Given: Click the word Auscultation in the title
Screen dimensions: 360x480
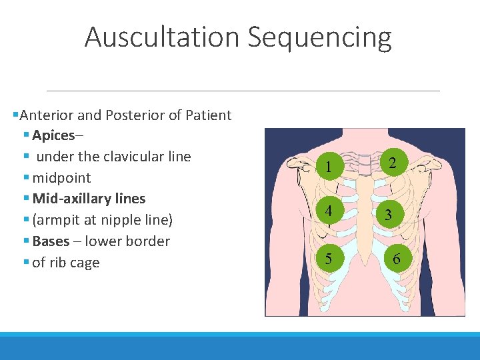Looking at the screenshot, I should click(163, 37).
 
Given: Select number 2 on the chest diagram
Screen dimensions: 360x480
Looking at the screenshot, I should click(393, 163).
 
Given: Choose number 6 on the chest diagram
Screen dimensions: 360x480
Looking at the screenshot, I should click(397, 259).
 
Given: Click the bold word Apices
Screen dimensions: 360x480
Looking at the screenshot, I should click(53, 135).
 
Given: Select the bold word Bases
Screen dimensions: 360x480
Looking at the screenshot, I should click(51, 241).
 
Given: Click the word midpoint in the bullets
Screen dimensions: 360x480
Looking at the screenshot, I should click(61, 178).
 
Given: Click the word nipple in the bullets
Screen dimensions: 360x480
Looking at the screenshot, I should click(119, 220).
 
